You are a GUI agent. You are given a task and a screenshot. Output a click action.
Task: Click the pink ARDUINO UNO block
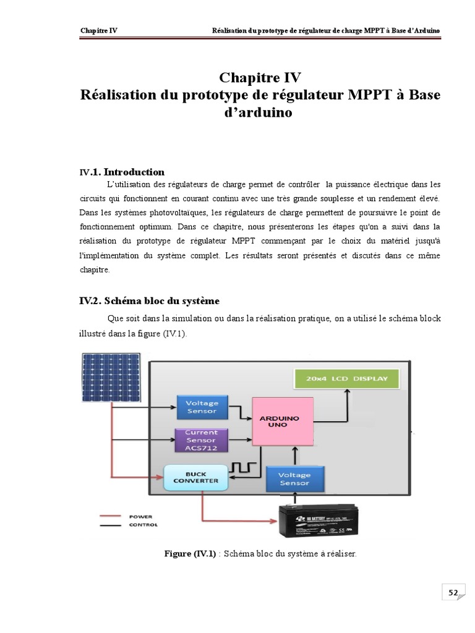point(282,421)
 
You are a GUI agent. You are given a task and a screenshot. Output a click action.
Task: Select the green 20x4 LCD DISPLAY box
point(346,378)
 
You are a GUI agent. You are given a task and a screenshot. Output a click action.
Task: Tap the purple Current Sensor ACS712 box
point(202,440)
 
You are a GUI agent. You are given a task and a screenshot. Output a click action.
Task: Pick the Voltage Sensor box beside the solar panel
point(202,407)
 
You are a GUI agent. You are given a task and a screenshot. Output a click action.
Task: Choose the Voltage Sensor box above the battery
point(294,479)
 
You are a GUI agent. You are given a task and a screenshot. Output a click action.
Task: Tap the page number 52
point(453,593)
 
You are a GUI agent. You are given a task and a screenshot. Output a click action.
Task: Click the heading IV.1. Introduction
point(122,172)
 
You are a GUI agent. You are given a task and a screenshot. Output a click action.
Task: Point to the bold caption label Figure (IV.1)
point(190,553)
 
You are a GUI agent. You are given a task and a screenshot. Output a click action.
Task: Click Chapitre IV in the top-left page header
point(99,30)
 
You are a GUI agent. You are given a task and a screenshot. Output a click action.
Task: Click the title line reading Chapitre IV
point(260,78)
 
